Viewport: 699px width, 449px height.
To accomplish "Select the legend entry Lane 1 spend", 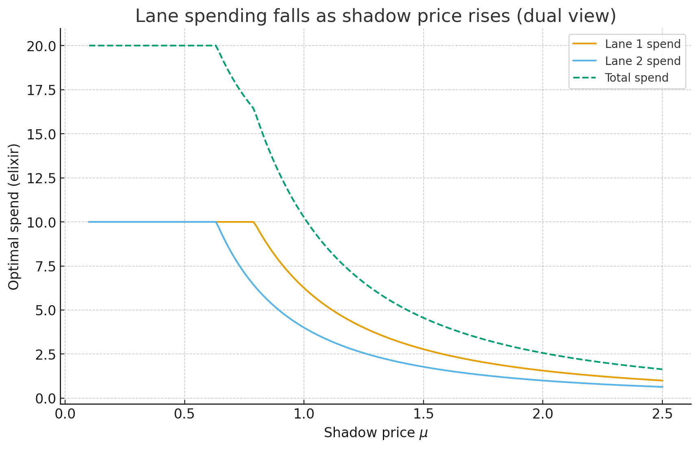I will coord(642,44).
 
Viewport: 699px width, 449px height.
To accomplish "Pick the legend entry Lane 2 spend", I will coord(642,61).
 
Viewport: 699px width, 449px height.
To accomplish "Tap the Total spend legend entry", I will coord(636,78).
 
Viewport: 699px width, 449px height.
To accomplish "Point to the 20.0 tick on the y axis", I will coord(41,46).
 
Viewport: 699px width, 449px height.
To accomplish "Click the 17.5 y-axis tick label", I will coord(41,90).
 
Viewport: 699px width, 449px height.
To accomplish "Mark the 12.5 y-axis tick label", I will coord(41,178).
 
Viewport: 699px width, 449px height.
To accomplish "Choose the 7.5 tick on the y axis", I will coord(44,267).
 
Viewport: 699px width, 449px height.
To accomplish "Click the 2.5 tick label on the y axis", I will coord(44,355).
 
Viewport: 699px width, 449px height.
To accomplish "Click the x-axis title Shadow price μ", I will coord(376,433).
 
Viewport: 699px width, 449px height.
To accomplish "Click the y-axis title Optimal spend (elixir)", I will coord(14,217).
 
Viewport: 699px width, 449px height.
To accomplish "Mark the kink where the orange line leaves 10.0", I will coord(254,222).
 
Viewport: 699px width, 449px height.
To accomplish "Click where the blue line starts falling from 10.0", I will coord(216,222).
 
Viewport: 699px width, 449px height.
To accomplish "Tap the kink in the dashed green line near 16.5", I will coord(253,108).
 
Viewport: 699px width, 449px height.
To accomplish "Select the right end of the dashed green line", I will coord(662,369).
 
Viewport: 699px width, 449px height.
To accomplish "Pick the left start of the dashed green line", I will coord(89,46).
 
